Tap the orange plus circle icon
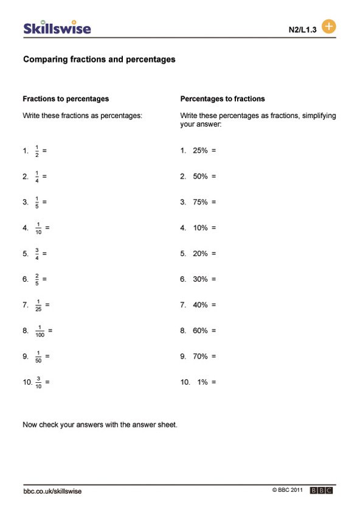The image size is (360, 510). (x=328, y=27)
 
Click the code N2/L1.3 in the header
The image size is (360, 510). (x=302, y=30)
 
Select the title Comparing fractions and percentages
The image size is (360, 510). (x=99, y=60)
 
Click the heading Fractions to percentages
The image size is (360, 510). (x=66, y=99)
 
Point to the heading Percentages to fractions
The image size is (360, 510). (x=223, y=99)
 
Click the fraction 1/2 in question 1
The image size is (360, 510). (x=36, y=151)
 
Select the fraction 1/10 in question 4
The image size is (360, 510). (x=39, y=228)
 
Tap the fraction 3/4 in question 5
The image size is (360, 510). (x=36, y=254)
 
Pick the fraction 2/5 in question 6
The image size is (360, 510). (x=36, y=279)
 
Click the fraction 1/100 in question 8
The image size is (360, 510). (x=41, y=331)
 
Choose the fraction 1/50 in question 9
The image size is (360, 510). (x=39, y=357)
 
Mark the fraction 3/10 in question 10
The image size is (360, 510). (x=39, y=382)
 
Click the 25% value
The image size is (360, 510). (x=200, y=150)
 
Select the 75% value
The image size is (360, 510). (x=200, y=202)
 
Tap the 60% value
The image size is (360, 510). (x=200, y=330)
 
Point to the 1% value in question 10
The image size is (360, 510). (x=202, y=382)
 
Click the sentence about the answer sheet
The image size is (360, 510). (x=100, y=425)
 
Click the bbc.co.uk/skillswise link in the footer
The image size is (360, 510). (x=52, y=491)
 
